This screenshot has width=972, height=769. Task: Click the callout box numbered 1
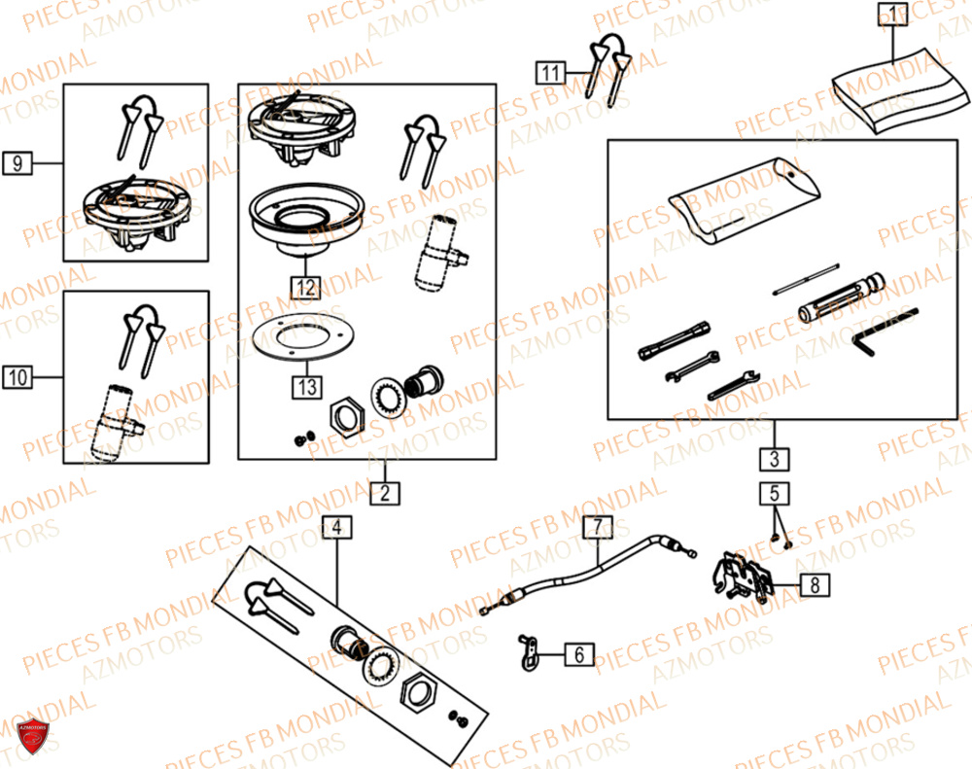tap(891, 15)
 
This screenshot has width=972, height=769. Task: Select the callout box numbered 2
tap(385, 493)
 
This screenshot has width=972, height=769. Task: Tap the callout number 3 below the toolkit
tap(775, 458)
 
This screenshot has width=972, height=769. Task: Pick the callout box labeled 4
tap(336, 528)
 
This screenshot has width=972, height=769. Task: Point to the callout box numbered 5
tap(775, 493)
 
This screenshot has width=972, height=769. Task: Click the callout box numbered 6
tap(579, 655)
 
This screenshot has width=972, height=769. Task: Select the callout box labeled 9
tap(17, 163)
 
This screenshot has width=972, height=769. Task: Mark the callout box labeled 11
tap(550, 72)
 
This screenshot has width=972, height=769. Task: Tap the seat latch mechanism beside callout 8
tap(744, 577)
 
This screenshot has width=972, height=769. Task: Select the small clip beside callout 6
tap(527, 652)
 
